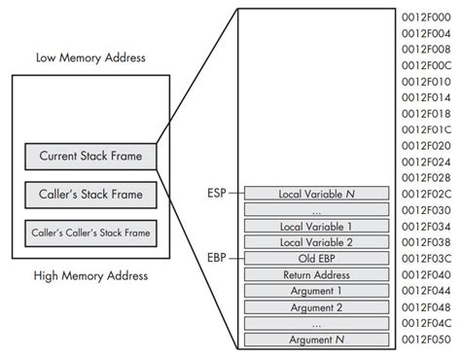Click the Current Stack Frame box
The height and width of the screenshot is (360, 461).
[x=90, y=156]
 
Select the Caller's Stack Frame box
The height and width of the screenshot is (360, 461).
[x=90, y=195]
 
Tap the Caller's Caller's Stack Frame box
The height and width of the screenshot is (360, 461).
[x=90, y=234]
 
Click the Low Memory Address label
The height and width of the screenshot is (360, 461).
[x=90, y=57]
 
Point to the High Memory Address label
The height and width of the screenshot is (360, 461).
[x=90, y=275]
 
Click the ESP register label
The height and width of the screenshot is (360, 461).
[x=215, y=193]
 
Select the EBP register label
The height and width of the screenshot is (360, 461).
[x=215, y=258]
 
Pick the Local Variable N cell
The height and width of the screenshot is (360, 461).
[x=317, y=194]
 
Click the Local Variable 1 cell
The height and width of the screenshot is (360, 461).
[x=317, y=226]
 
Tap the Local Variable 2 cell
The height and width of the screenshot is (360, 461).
[x=317, y=242]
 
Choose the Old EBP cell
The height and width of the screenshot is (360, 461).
[x=317, y=259]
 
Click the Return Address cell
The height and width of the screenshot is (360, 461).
[x=317, y=275]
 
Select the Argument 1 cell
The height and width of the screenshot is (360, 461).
[x=317, y=291]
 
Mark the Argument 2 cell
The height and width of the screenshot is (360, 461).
[x=317, y=307]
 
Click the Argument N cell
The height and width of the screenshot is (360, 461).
[x=317, y=340]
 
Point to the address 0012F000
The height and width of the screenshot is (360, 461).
[x=426, y=17]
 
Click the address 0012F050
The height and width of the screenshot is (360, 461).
[x=426, y=340]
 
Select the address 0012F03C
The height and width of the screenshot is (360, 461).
[x=426, y=259]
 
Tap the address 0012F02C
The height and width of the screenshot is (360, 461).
[x=426, y=194]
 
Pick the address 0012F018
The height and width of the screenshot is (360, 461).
[x=426, y=113]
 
